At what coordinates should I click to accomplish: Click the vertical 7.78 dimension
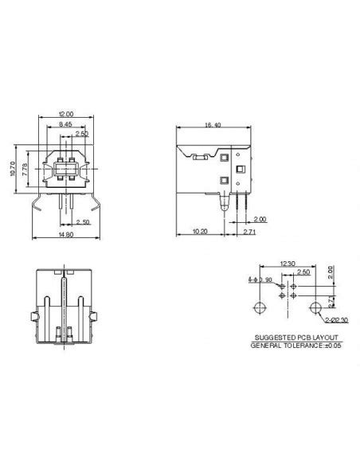pos(26,167)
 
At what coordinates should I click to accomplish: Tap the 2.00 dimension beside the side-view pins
pos(261,219)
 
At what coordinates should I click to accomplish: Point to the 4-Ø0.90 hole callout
pos(260,279)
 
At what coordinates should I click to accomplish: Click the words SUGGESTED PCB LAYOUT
pos(291,338)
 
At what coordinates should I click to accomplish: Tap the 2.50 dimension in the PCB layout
pos(302,272)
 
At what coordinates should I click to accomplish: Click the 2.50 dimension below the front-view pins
pos(81,222)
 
